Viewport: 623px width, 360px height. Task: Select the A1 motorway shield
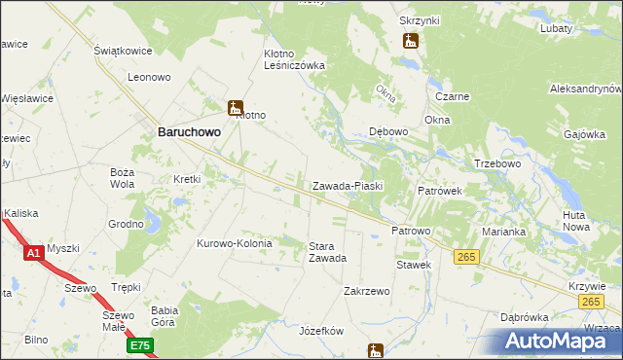coord(32,253)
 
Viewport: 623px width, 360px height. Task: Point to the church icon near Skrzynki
coord(410,41)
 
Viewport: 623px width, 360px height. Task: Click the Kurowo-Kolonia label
coord(237,243)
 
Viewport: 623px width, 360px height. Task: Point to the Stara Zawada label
coord(327,252)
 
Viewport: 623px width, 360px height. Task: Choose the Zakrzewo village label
coord(367,291)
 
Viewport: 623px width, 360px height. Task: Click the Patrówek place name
coord(446,192)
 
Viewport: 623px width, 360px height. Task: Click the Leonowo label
coord(149,76)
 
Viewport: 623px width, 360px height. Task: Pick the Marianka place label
coord(503,232)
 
